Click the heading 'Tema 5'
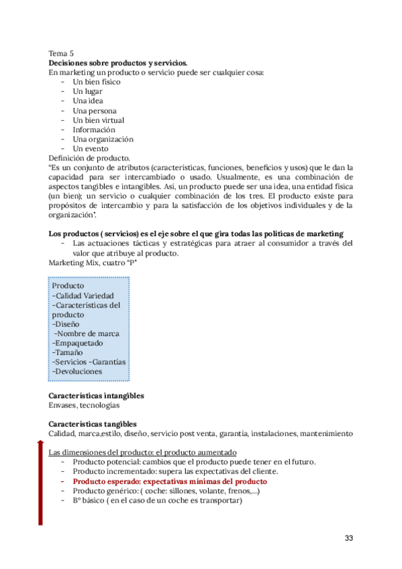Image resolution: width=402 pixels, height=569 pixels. point(62,53)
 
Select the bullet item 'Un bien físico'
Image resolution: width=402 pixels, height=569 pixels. point(97,82)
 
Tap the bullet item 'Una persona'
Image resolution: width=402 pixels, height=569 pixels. point(95,111)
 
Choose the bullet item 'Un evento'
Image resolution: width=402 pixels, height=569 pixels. point(91,148)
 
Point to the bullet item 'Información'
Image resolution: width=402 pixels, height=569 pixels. point(94,130)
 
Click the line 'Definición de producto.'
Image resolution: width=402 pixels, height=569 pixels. point(91,158)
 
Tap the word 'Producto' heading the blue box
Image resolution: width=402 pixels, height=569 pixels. point(68,286)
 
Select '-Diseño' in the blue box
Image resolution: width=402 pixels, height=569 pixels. point(66,323)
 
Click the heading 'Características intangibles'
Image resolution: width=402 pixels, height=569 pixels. point(97,396)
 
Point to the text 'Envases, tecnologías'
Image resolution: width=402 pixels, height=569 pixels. point(85,405)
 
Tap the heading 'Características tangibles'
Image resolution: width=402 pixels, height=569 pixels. point(93,424)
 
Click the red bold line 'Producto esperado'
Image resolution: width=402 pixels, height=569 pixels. point(170,482)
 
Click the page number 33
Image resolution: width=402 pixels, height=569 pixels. point(348,538)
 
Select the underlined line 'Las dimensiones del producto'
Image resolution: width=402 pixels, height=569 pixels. point(142,453)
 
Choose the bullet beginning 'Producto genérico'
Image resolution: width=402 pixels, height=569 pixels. point(166,491)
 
